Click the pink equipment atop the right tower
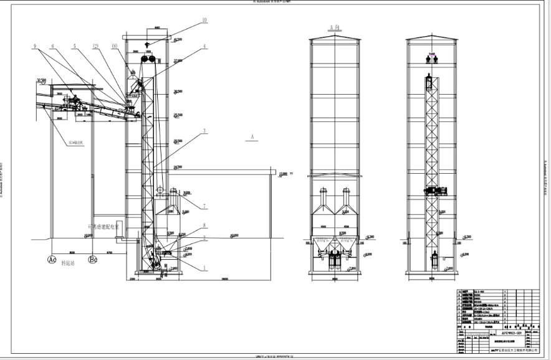click(431, 59)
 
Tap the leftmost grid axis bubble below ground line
click(53, 259)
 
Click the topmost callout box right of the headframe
click(204, 21)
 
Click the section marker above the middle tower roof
click(335, 26)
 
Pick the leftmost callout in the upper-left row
click(35, 45)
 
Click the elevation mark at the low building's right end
click(284, 174)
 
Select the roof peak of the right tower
click(431, 36)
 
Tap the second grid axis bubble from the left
click(92, 259)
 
